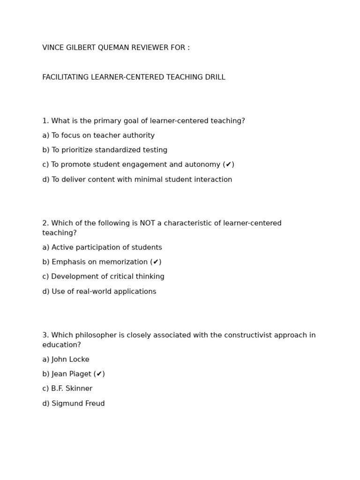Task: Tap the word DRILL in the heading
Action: tap(215, 77)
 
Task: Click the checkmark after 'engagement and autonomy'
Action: tap(228, 165)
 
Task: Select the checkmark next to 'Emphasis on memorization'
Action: tap(156, 262)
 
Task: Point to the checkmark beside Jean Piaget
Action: tap(99, 374)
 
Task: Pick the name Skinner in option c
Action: tap(80, 389)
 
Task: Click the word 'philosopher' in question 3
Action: tap(98, 335)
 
